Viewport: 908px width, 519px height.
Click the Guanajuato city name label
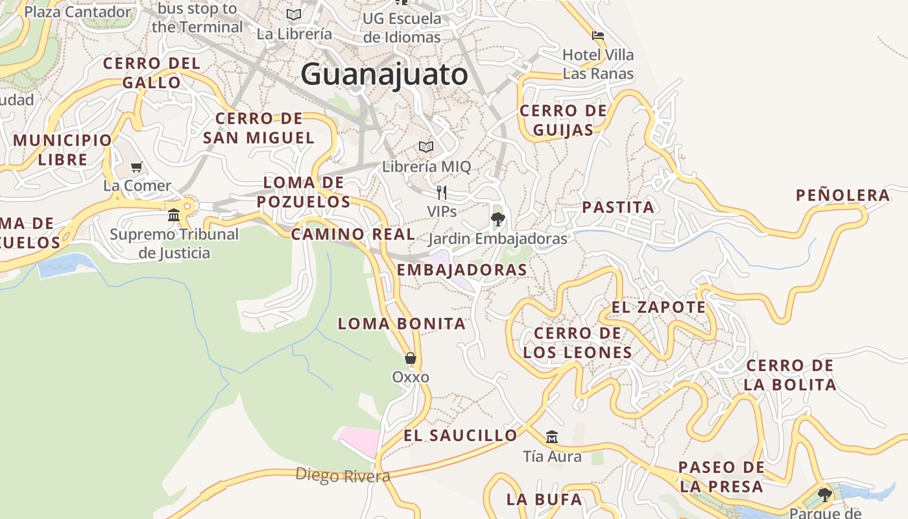pos(384,74)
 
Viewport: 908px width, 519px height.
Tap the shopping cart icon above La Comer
pos(137,167)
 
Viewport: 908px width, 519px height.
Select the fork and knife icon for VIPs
pos(442,192)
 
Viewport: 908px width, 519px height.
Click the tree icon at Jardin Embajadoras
pos(497,219)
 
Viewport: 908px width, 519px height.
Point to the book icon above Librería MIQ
pos(426,147)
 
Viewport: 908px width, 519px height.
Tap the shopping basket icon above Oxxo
pos(411,357)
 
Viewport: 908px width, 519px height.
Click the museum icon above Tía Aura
pos(552,437)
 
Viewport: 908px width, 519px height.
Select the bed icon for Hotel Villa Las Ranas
pos(598,35)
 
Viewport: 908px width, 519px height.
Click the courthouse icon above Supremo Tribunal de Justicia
pos(174,215)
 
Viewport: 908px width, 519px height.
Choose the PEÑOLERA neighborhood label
pos(842,195)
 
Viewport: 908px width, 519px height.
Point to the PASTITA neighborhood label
pos(618,208)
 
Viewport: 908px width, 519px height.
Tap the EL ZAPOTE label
pos(658,308)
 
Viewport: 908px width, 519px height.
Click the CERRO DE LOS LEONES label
pos(577,343)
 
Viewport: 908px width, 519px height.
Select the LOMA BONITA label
pos(401,324)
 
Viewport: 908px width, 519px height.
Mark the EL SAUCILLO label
pos(460,435)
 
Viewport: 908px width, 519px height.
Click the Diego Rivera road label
pos(342,476)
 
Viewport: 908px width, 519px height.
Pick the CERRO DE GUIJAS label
pos(564,120)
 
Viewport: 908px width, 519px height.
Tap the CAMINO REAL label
pos(353,234)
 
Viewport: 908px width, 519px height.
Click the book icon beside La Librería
pos(294,14)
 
